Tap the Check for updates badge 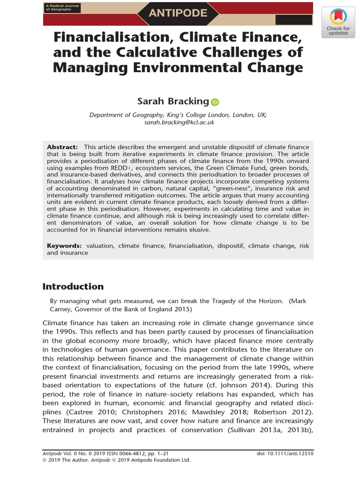coord(338,23)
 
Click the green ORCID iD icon coord(215,102)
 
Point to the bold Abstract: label coord(62,147)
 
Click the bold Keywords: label coord(64,246)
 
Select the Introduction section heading coord(73,286)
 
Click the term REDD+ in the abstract coord(120,168)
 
